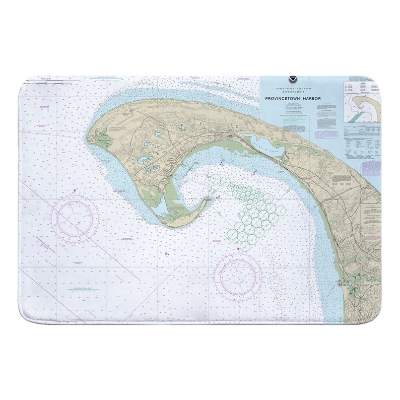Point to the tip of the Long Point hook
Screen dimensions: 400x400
coord(208,199)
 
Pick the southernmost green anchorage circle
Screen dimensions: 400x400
coord(244,246)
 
